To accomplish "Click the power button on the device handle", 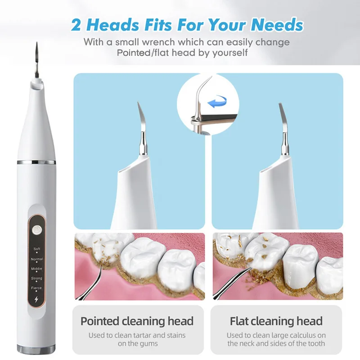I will click(x=36, y=227).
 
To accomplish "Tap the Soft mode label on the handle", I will click(x=36, y=249).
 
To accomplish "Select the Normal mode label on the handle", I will click(x=36, y=259).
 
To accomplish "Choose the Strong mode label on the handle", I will click(x=36, y=278).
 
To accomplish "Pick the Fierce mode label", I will click(x=36, y=288).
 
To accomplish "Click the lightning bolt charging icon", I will click(x=36, y=300).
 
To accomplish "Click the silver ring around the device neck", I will click(x=36, y=162).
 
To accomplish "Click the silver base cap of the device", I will click(x=36, y=348).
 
